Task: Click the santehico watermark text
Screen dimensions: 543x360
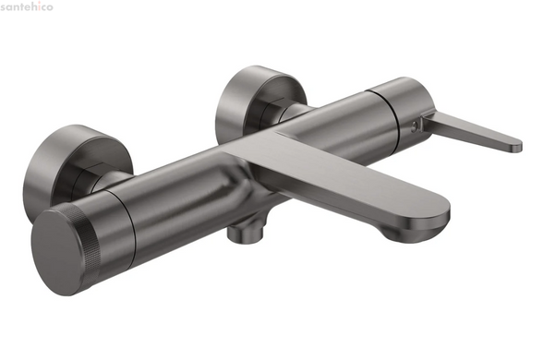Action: pyautogui.click(x=27, y=6)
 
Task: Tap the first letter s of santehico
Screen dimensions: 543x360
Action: pyautogui.click(x=3, y=7)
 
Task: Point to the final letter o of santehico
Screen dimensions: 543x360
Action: pyautogui.click(x=50, y=7)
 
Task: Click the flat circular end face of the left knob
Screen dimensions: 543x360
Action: pyautogui.click(x=58, y=252)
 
